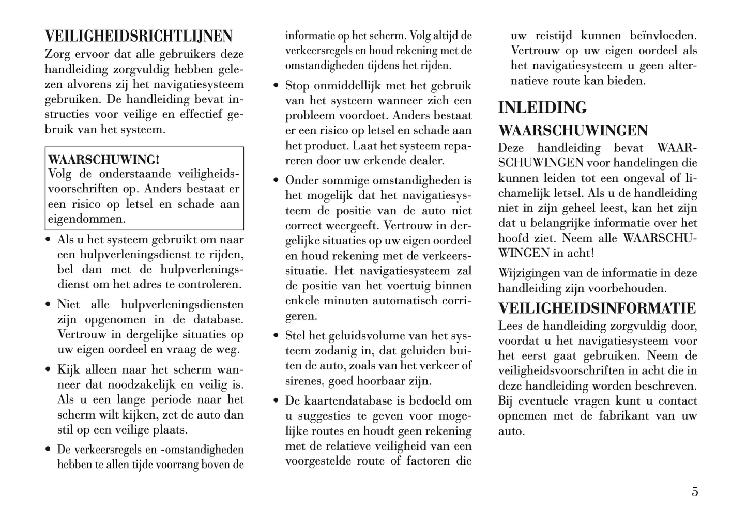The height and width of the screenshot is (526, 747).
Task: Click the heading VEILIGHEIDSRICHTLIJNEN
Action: click(139, 37)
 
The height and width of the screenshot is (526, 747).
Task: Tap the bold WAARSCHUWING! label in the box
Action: click(103, 159)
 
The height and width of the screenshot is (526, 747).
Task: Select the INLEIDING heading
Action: click(542, 107)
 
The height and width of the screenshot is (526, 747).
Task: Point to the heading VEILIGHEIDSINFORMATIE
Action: click(597, 308)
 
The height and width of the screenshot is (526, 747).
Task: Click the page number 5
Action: click(695, 491)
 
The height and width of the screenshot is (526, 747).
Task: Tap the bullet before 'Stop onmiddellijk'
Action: click(276, 86)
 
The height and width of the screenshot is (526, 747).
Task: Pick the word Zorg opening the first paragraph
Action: click(59, 54)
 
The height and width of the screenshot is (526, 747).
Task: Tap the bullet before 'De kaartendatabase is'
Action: click(276, 401)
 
